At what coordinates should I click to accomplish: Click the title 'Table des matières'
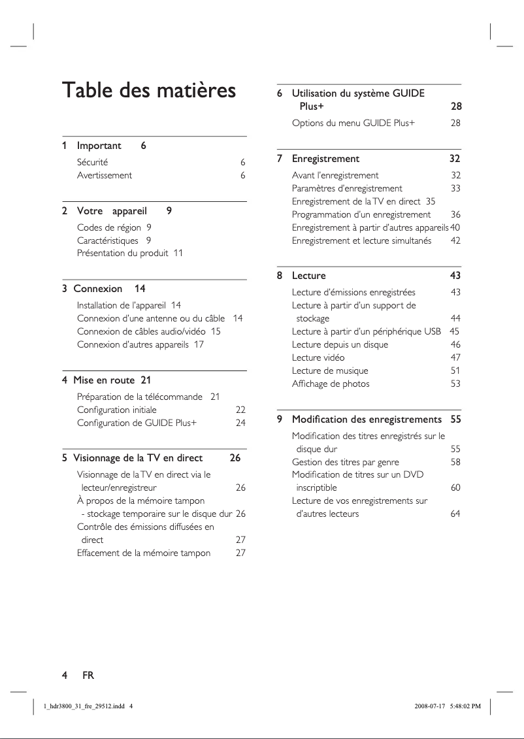[x=148, y=90]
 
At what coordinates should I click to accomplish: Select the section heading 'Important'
[x=99, y=146]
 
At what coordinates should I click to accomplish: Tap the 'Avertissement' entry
[x=105, y=175]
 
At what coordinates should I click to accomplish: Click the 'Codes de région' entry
[x=108, y=227]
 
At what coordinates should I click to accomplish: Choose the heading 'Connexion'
[x=97, y=289]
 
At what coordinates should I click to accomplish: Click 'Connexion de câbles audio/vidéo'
[x=141, y=331]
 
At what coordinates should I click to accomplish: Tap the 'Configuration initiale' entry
[x=117, y=410]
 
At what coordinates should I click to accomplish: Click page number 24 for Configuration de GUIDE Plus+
[x=240, y=423]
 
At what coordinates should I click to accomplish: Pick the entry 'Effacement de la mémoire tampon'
[x=144, y=553]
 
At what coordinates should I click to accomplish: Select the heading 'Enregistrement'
[x=325, y=159]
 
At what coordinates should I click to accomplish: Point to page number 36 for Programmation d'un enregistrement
[x=455, y=214]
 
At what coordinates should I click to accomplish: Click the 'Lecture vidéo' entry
[x=318, y=357]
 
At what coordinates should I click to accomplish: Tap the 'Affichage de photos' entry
[x=331, y=384]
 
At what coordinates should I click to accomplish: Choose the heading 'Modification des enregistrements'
[x=367, y=419]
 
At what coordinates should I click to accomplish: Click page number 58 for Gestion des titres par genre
[x=455, y=462]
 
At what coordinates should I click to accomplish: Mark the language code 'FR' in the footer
[x=88, y=676]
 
